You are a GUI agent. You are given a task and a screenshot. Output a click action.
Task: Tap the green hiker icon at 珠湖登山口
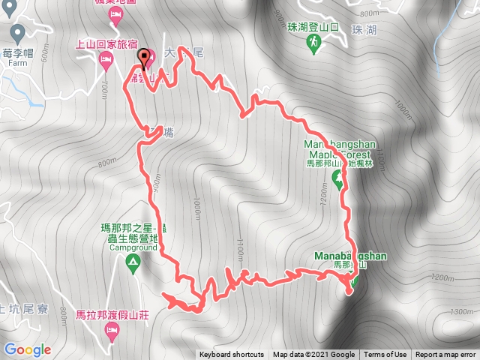[312, 46]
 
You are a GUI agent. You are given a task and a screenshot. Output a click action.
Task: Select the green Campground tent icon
[133, 262]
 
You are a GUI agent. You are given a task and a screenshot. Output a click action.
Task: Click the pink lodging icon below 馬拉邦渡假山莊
[112, 330]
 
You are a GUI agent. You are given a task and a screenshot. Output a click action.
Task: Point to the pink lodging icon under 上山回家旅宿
[106, 58]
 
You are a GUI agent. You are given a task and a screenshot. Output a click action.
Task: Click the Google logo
[28, 349]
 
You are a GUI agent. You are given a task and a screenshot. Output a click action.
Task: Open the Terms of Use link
[385, 355]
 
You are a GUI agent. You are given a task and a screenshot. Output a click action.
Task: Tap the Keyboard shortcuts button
[232, 355]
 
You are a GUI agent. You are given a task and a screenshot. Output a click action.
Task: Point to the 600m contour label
[44, 53]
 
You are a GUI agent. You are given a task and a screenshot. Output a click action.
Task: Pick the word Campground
[132, 247]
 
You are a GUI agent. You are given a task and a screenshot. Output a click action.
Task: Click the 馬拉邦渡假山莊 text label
[112, 315]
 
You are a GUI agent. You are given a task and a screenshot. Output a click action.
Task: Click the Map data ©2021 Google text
[313, 355]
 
